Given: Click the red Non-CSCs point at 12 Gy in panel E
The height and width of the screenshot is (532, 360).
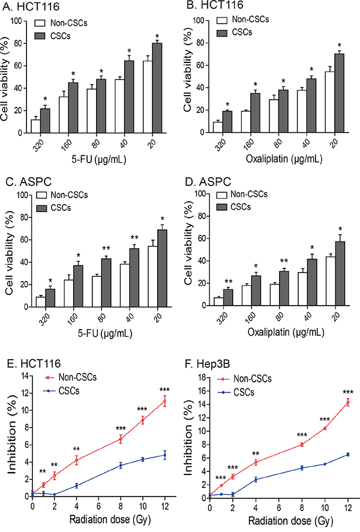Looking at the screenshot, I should click(164, 402).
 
